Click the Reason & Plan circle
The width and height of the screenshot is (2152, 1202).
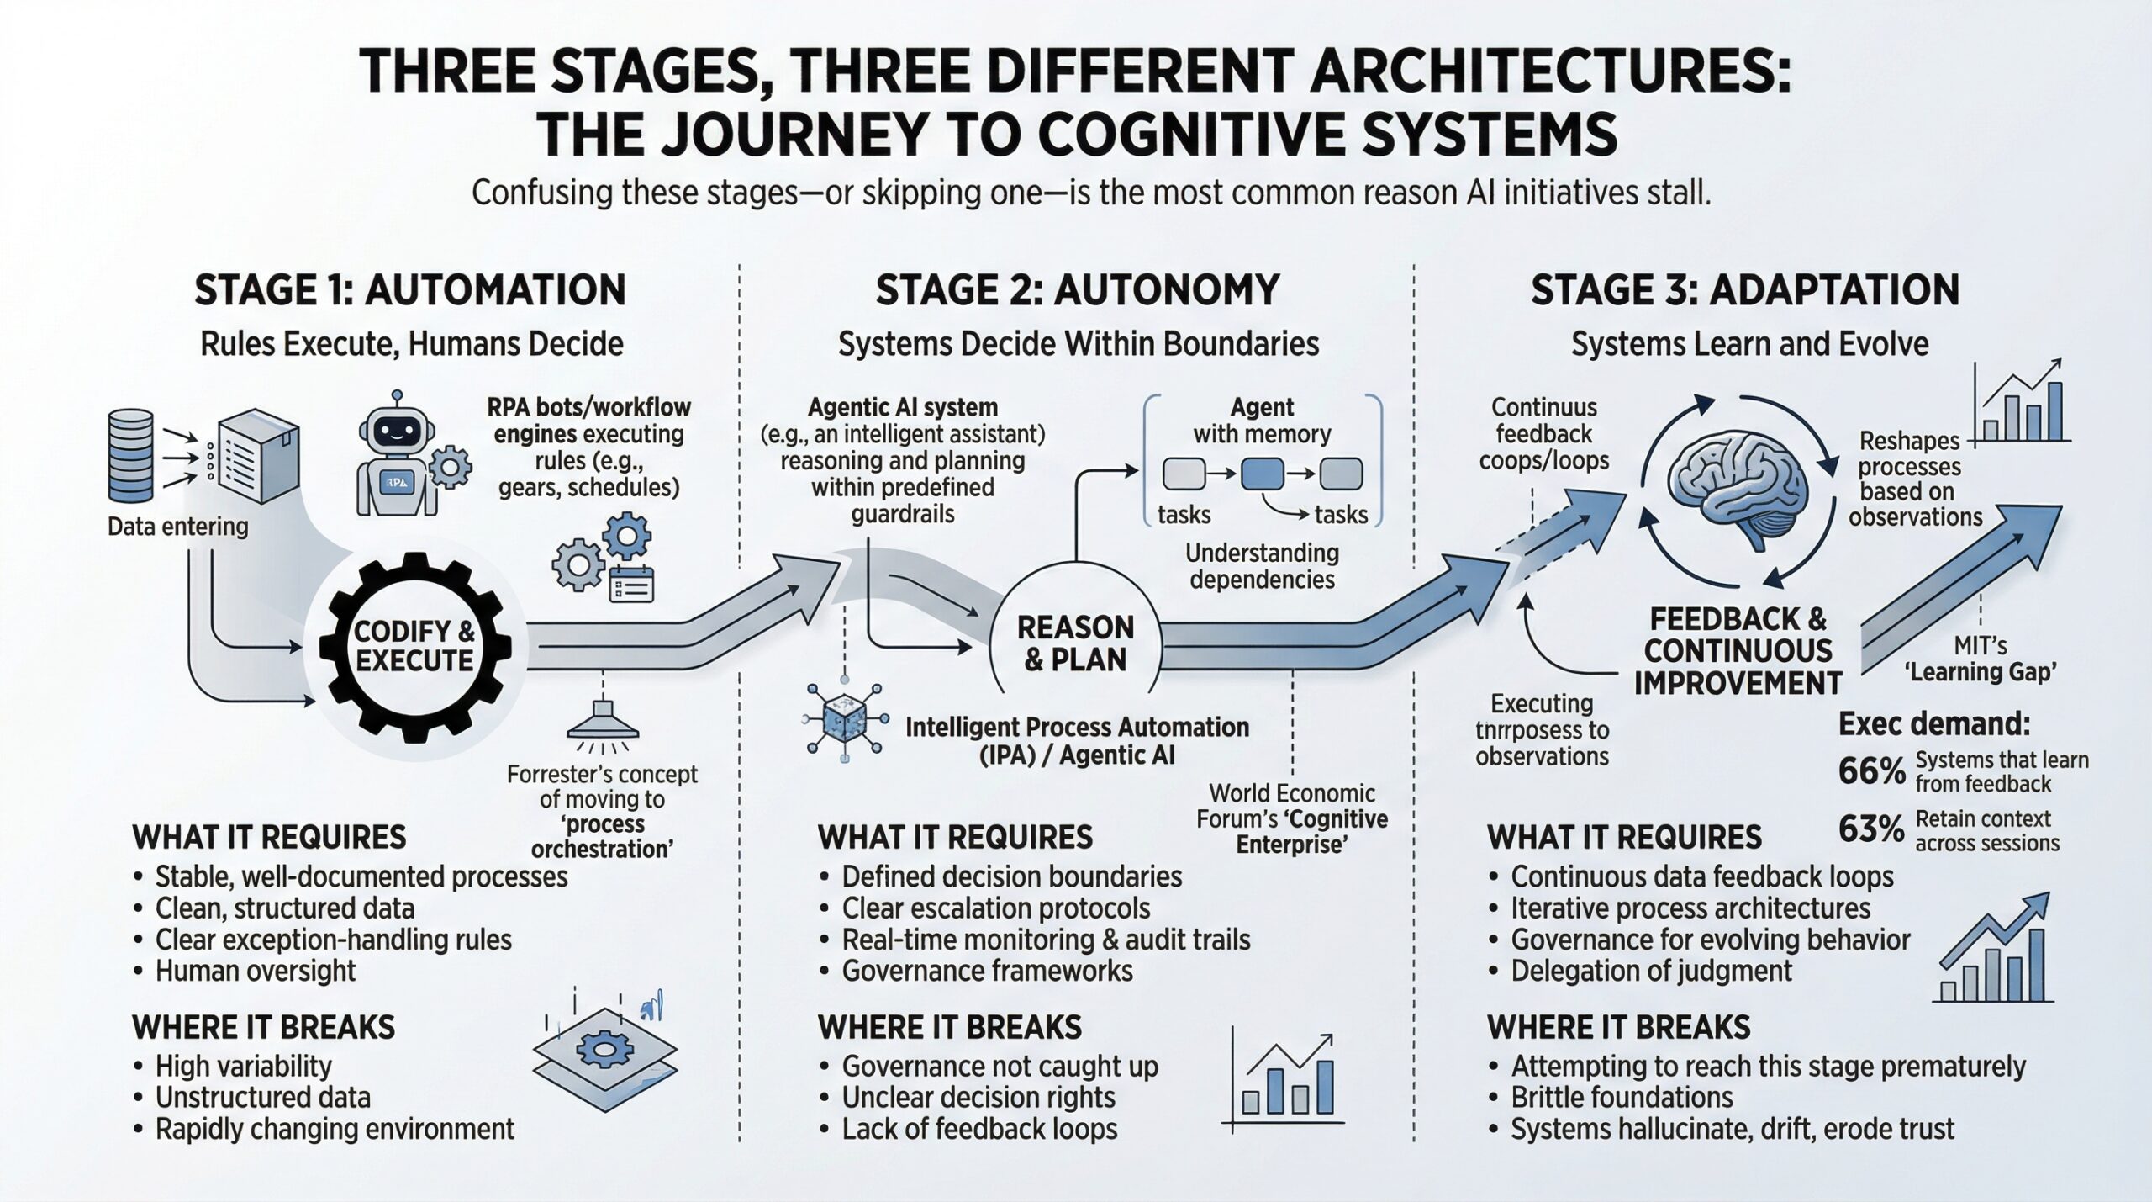(x=1075, y=643)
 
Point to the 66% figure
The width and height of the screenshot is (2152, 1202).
(x=1871, y=770)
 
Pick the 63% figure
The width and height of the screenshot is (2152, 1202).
(x=1871, y=829)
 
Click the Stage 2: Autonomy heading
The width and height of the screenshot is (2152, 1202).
(x=1077, y=290)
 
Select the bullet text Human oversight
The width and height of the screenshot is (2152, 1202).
(x=256, y=971)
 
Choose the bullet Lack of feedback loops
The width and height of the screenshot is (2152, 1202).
(x=979, y=1129)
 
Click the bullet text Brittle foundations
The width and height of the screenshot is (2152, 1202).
(x=1622, y=1097)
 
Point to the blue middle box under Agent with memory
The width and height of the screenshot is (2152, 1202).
(x=1262, y=474)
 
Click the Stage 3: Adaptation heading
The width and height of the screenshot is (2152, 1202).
(x=1745, y=290)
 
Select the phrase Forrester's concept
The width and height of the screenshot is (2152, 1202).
(x=602, y=774)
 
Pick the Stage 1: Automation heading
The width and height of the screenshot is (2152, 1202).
(x=410, y=290)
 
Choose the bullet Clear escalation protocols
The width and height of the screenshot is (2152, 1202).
(x=995, y=908)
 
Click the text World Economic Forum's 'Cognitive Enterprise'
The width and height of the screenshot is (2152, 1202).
(x=1292, y=818)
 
